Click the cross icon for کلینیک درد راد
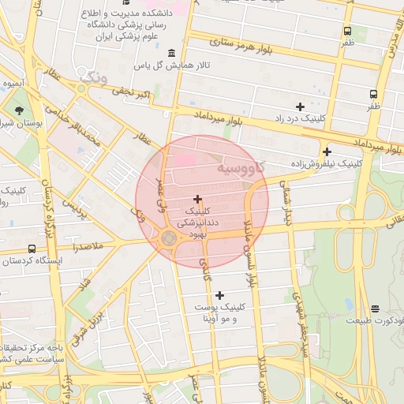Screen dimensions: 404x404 point(299,107)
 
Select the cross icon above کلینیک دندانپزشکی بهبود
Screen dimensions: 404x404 point(196,199)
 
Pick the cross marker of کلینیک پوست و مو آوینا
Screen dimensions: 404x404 point(219,294)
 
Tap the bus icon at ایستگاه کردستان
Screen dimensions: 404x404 point(32,249)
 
